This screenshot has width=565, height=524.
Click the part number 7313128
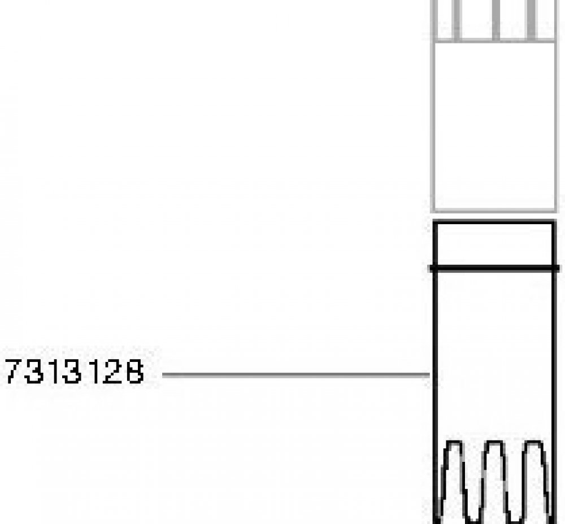tap(75, 372)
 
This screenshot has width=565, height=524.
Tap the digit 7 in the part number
tap(14, 372)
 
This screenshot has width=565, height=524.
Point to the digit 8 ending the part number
tap(135, 372)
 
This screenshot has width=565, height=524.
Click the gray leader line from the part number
tap(296, 375)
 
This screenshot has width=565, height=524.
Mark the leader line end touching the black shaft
tap(429, 375)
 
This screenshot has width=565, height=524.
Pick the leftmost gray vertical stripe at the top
tap(457, 19)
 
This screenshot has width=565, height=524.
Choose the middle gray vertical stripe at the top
tap(496, 19)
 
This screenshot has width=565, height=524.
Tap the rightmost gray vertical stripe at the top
tap(531, 19)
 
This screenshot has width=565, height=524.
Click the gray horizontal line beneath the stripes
tap(494, 40)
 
